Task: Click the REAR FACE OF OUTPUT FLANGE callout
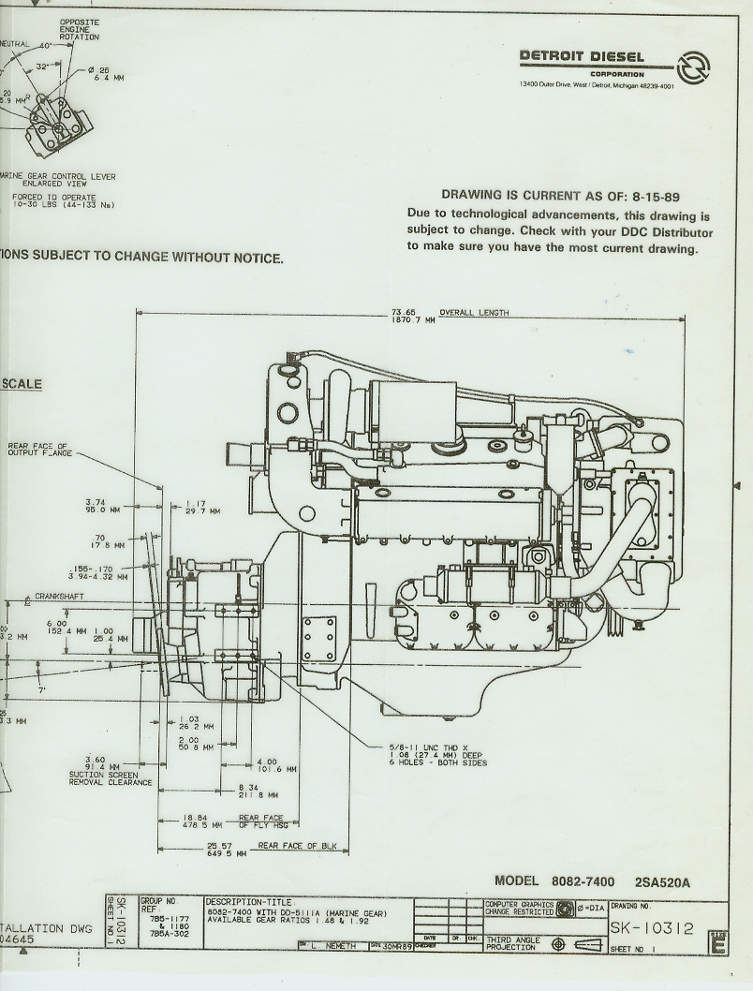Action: (x=38, y=450)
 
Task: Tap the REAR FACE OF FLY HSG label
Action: (x=261, y=821)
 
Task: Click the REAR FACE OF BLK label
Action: (x=301, y=845)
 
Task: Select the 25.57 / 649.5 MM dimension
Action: (x=226, y=850)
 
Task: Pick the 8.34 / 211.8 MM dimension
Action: (x=247, y=791)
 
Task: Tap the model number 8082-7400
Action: (x=583, y=881)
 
